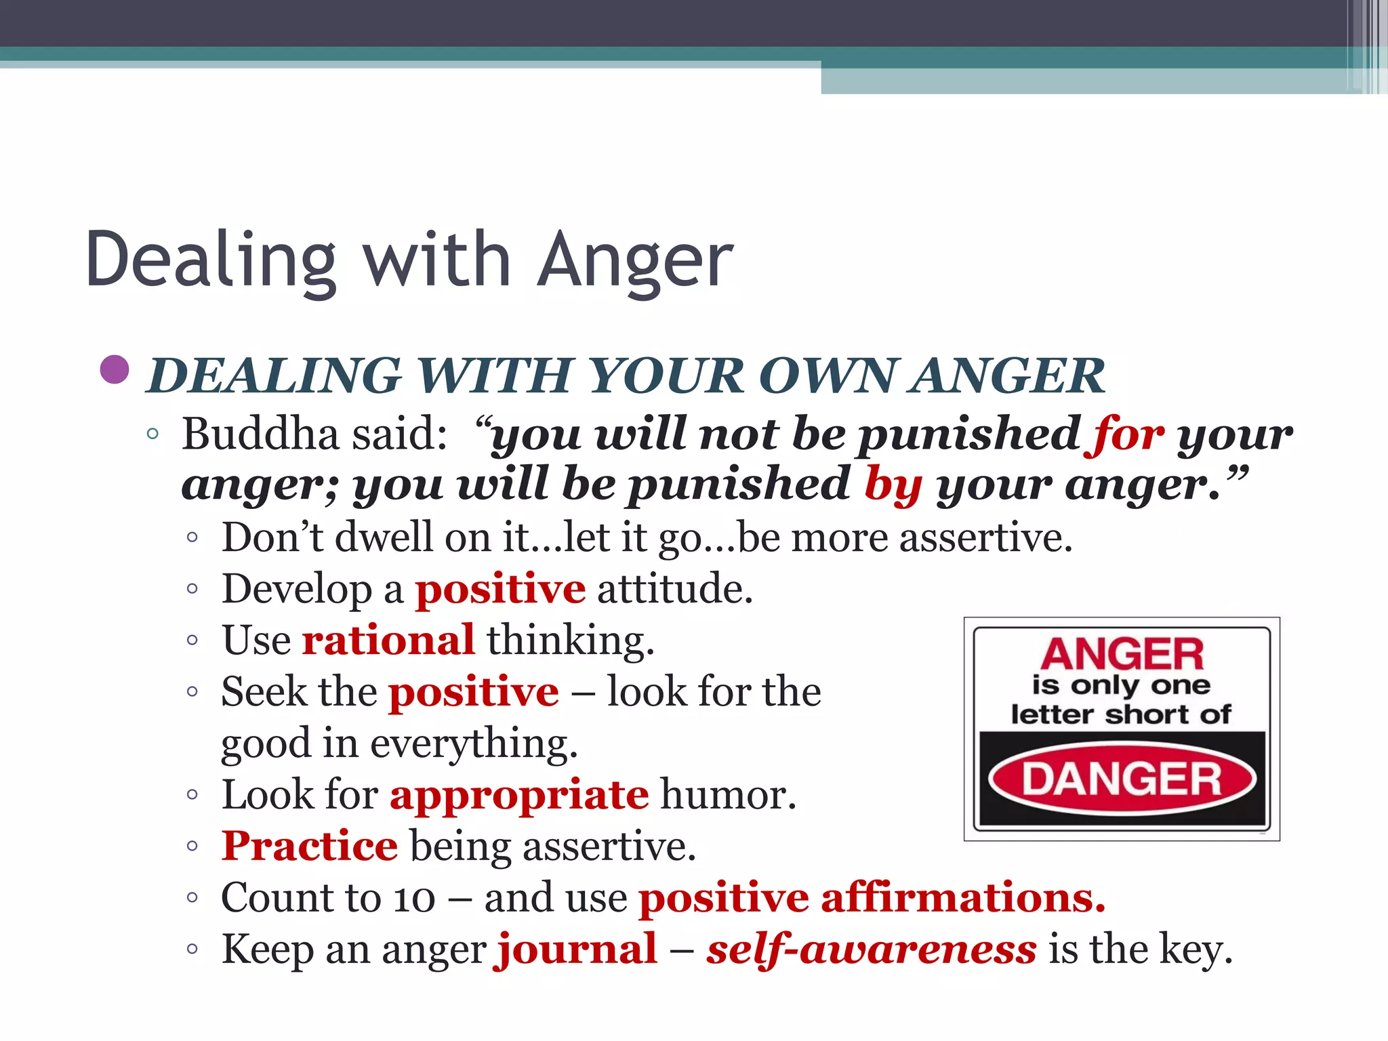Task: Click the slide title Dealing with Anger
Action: coord(409,260)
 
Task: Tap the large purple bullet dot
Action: coord(115,370)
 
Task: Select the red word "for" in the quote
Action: coord(1128,434)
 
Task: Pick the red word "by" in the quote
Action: coord(893,485)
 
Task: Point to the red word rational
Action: coord(388,640)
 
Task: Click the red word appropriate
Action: coord(519,794)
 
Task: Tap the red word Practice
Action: coord(310,846)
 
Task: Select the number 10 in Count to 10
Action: coord(414,897)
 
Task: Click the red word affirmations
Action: coord(963,897)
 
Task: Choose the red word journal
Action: coord(577,949)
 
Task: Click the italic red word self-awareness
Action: coord(871,949)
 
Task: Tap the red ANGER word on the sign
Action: coord(1122,654)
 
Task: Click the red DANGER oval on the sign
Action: coord(1122,779)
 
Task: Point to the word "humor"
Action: coord(728,794)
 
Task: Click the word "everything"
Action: coord(474,744)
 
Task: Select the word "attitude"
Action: coord(674,588)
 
